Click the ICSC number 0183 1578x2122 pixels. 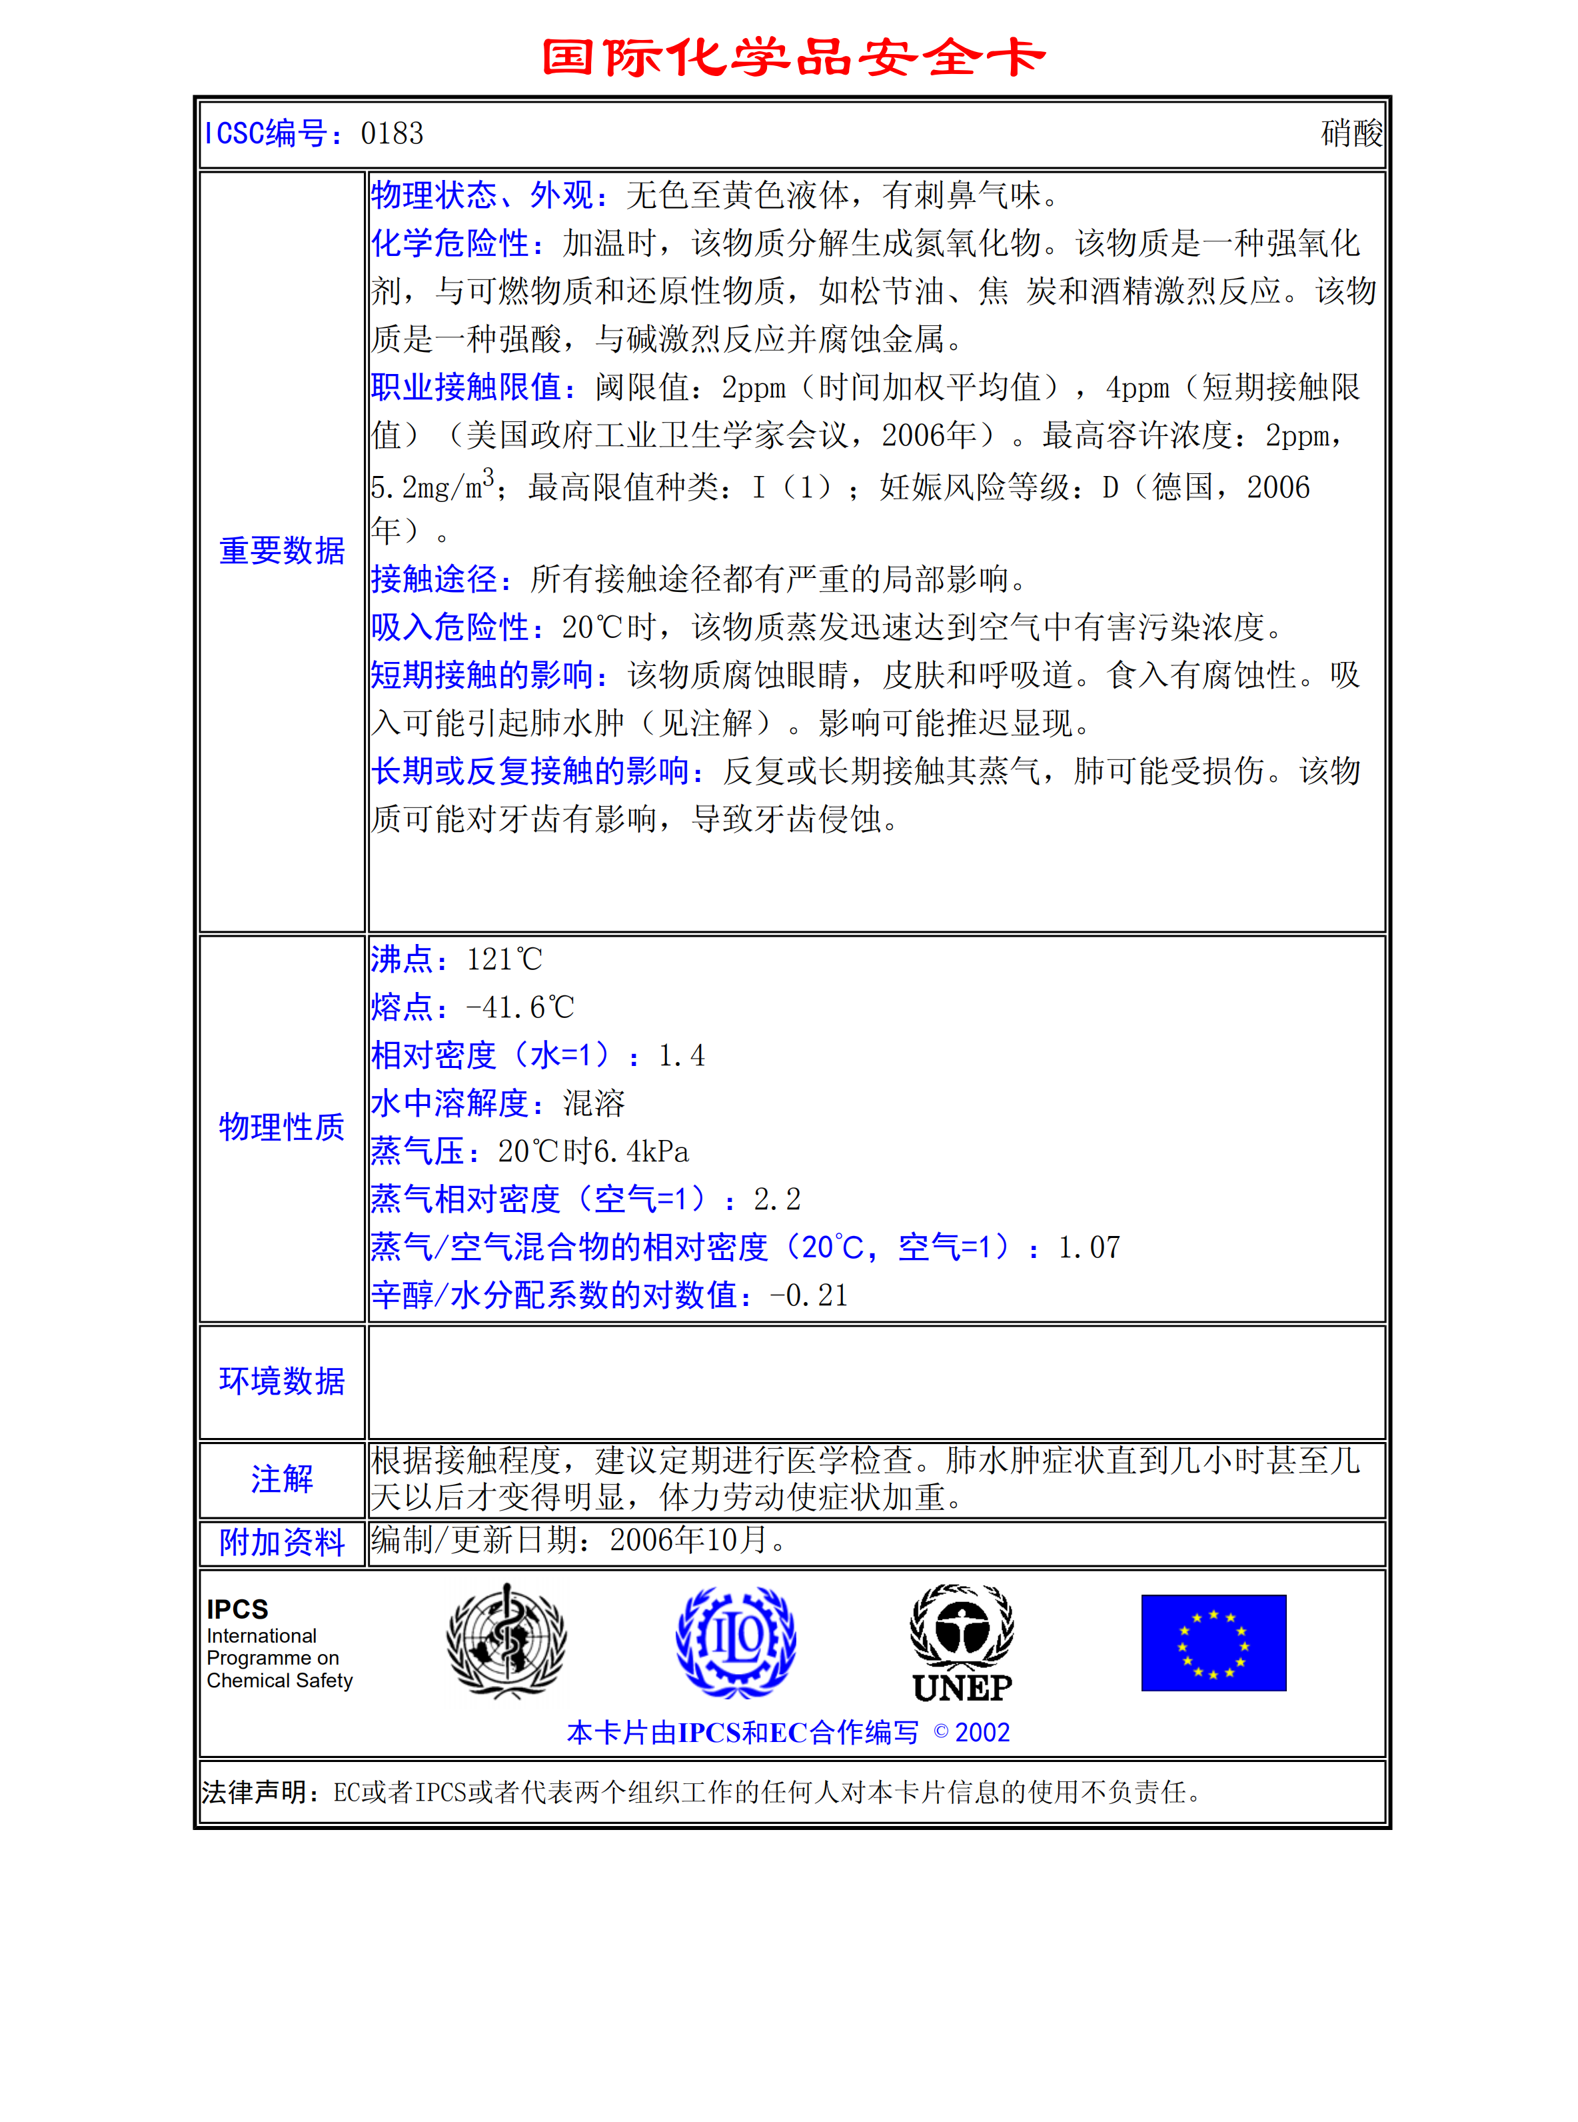click(x=392, y=134)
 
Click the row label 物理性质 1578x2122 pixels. click(x=282, y=1127)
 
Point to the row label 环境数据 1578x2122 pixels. click(x=282, y=1381)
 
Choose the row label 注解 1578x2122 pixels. click(x=282, y=1478)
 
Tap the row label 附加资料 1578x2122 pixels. click(x=282, y=1542)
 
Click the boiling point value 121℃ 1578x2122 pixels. click(x=504, y=959)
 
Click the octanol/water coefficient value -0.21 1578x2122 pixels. click(x=809, y=1295)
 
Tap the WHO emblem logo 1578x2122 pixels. click(x=506, y=1641)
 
